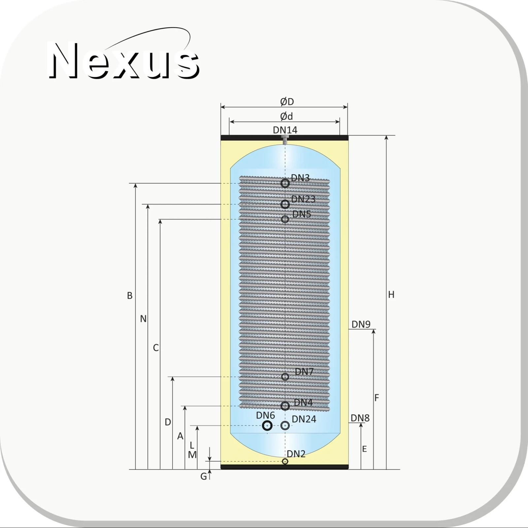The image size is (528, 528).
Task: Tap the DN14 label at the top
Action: pos(285,130)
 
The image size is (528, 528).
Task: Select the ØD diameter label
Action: pos(287,102)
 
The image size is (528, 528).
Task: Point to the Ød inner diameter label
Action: pos(286,116)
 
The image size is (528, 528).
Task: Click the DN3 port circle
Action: pos(285,183)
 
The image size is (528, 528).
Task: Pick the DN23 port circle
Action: pos(285,204)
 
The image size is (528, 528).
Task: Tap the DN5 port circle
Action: pos(285,219)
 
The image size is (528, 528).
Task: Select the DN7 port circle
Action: pos(285,377)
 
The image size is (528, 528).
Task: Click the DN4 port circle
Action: pos(285,406)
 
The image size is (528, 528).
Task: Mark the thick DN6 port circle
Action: pos(267,426)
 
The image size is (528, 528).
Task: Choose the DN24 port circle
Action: pos(285,426)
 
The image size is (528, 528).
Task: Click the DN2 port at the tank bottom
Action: pos(285,461)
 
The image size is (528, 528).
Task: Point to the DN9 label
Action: pos(361,324)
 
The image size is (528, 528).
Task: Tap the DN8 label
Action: pos(360,418)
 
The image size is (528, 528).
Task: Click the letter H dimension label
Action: pos(391,295)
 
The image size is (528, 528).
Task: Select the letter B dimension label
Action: pos(130,296)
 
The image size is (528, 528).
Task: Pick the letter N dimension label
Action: pos(143,319)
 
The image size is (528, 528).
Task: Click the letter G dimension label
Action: pos(204,476)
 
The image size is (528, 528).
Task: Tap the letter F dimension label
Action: pos(377,398)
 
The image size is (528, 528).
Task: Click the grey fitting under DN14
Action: pos(285,140)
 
